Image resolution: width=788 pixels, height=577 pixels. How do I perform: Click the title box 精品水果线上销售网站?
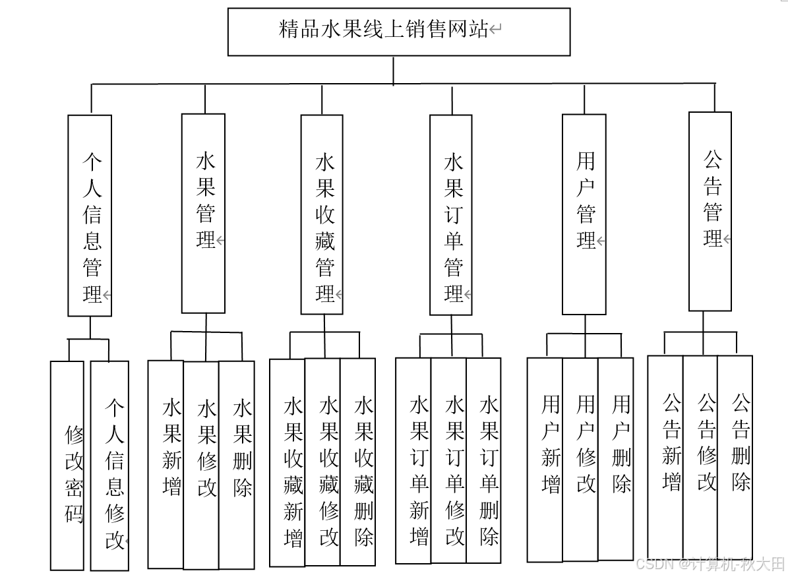[x=398, y=31]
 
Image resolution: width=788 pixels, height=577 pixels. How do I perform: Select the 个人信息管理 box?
[x=90, y=216]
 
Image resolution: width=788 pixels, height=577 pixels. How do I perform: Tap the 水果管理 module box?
[x=203, y=213]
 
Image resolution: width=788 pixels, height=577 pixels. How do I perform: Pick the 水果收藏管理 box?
[x=322, y=214]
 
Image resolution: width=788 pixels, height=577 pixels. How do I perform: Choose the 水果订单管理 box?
[x=450, y=214]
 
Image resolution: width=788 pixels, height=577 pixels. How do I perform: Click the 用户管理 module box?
[x=584, y=214]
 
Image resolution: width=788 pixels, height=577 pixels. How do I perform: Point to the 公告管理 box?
[x=710, y=211]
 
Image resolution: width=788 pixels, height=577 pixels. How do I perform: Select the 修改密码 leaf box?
[x=67, y=465]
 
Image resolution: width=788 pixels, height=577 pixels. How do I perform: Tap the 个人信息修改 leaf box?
[x=109, y=465]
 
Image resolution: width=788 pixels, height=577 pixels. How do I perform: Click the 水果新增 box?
[x=166, y=464]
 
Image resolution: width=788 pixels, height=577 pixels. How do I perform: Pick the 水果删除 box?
[x=237, y=464]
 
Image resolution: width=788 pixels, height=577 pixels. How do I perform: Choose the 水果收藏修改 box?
[x=322, y=462]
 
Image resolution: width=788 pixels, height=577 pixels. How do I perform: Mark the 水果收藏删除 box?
[x=358, y=462]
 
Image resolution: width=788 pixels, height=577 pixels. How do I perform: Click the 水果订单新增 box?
[x=413, y=460]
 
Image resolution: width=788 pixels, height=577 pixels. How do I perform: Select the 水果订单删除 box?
[x=483, y=460]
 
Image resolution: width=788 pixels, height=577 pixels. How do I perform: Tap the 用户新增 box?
[x=545, y=459]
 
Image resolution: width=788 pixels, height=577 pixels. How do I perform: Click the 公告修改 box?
[x=700, y=457]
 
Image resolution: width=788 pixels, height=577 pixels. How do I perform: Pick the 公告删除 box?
[x=735, y=457]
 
